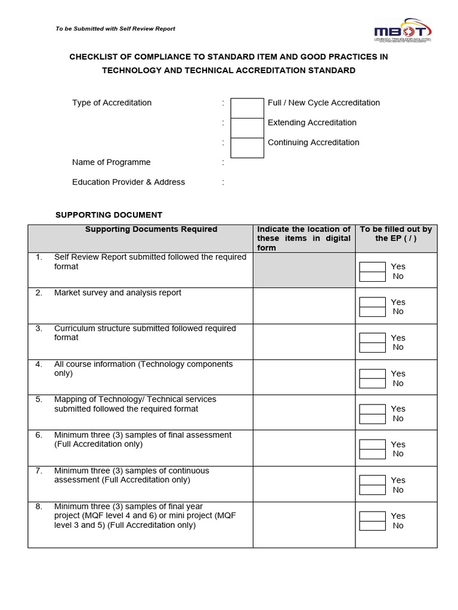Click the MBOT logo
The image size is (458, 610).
[403, 32]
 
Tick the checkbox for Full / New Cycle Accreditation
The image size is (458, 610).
[247, 108]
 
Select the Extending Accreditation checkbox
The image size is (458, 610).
[247, 128]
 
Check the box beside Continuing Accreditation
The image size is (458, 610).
[247, 148]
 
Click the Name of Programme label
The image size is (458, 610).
[111, 162]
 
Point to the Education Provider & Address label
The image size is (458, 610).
[128, 182]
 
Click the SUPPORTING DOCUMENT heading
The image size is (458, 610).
[109, 215]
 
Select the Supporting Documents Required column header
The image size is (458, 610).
[151, 229]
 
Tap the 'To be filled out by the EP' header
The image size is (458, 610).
[396, 234]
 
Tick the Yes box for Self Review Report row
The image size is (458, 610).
[372, 267]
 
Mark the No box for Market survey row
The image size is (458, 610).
[372, 312]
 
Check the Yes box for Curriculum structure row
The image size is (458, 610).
[372, 338]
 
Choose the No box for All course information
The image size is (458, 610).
[372, 383]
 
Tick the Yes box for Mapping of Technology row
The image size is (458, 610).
[372, 409]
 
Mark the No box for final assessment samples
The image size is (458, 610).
[372, 454]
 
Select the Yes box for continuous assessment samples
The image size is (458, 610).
[372, 480]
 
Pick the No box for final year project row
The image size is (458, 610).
[372, 525]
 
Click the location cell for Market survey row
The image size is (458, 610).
[304, 306]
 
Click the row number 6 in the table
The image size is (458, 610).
[39, 435]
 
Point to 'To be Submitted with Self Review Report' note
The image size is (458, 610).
[115, 29]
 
